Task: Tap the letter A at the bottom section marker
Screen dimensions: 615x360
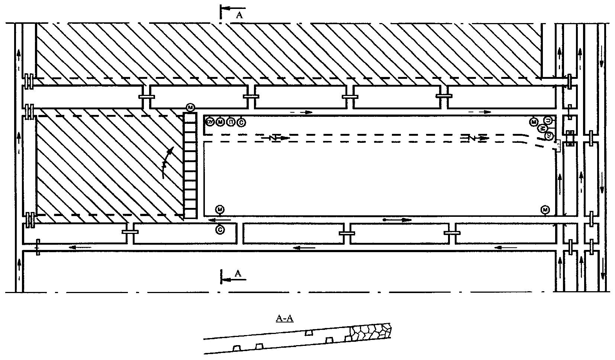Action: pos(239,273)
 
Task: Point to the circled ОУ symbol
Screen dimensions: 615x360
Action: pos(210,122)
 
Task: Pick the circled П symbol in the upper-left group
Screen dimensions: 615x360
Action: pos(231,122)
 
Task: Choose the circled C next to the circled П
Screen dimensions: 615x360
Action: pos(241,122)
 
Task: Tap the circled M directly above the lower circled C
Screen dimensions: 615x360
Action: pos(220,209)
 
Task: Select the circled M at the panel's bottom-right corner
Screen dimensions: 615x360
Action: pos(545,209)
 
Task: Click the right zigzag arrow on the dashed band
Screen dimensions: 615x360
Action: pos(474,138)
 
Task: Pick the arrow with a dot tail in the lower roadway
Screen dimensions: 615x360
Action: pos(397,220)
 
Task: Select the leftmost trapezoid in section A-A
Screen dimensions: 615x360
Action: pos(236,348)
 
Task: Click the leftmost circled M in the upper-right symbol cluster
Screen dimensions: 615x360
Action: pos(534,122)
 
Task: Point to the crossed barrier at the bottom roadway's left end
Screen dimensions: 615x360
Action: pos(38,247)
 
